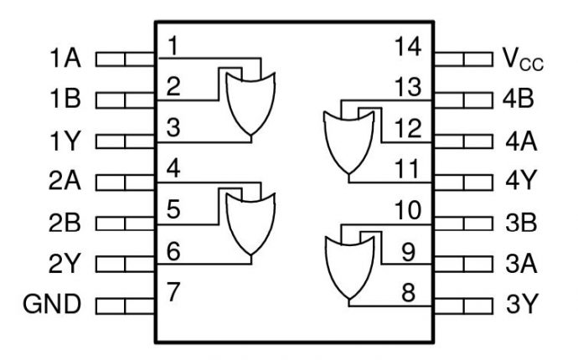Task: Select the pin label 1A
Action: click(x=65, y=60)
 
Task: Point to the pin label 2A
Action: click(x=65, y=181)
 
